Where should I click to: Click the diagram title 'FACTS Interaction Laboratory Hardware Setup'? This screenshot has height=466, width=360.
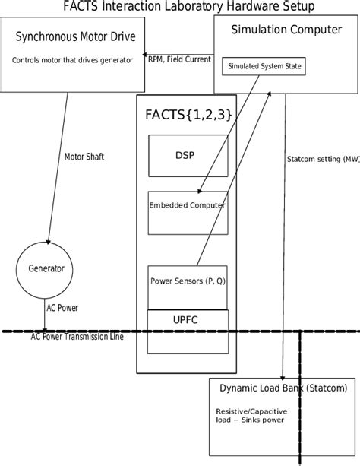(x=189, y=7)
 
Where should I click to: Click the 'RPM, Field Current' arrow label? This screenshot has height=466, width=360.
(x=179, y=59)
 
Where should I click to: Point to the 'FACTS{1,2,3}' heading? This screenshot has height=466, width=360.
(x=188, y=115)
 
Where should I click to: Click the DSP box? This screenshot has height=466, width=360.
(x=187, y=154)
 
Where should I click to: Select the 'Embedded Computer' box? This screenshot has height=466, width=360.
(x=187, y=205)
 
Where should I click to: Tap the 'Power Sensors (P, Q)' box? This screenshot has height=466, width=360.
(x=187, y=281)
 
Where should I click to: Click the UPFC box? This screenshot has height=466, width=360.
(x=187, y=319)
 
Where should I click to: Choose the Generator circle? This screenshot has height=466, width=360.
(x=46, y=269)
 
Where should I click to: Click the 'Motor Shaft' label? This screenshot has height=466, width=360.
(x=84, y=157)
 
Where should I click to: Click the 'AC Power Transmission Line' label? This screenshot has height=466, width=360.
(x=77, y=337)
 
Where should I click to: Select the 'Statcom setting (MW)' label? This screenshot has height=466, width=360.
(x=323, y=160)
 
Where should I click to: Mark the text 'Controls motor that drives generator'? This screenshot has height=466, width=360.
(x=72, y=59)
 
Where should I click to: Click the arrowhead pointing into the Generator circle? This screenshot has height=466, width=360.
(x=48, y=242)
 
